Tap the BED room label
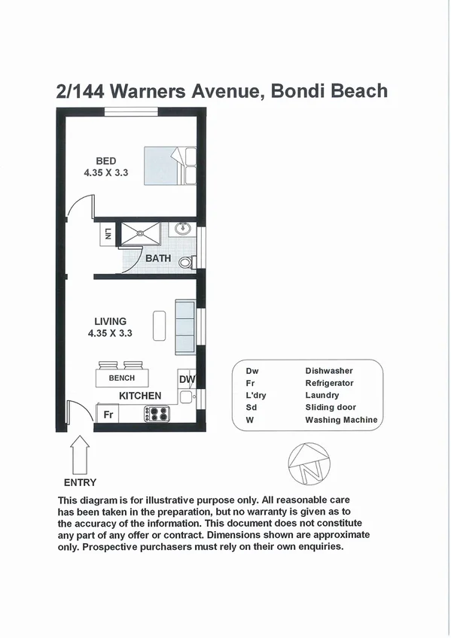click(x=105, y=160)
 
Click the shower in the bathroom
click(x=139, y=234)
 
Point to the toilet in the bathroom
click(x=193, y=262)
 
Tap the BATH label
click(x=158, y=258)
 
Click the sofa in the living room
click(x=184, y=327)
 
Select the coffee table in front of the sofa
click(x=159, y=325)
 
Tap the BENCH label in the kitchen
click(x=122, y=378)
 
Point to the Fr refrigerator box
click(x=108, y=414)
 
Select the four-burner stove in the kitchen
click(x=155, y=413)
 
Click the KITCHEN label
click(x=140, y=395)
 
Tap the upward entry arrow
click(x=80, y=455)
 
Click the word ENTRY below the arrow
click(x=80, y=482)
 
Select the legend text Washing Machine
click(x=341, y=420)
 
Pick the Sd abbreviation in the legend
click(x=251, y=408)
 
